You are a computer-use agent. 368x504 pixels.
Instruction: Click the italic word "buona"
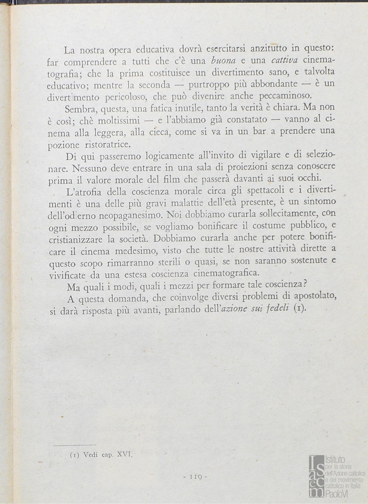pyautogui.click(x=225, y=61)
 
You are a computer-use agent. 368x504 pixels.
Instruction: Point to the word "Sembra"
pyautogui.click(x=80, y=108)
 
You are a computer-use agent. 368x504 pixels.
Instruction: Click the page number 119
pyautogui.click(x=195, y=476)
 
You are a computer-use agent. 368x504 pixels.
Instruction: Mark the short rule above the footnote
pyautogui.click(x=75, y=445)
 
